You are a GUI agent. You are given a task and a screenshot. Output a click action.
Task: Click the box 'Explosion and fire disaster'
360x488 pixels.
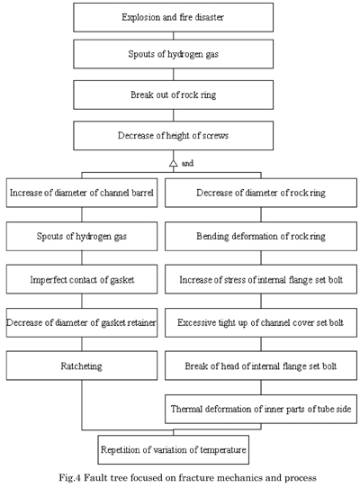coord(174,17)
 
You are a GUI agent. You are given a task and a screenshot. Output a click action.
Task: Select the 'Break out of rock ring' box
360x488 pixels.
coord(174,95)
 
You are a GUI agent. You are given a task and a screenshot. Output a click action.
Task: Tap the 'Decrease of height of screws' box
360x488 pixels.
coord(174,136)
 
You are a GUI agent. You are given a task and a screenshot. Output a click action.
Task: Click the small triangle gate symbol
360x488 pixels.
coord(174,163)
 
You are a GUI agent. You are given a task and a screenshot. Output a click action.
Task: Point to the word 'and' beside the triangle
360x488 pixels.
coord(187,163)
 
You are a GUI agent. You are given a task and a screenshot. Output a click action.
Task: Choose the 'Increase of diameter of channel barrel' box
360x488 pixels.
coord(82,193)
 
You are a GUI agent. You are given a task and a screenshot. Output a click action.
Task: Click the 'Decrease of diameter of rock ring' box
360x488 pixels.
coord(261,193)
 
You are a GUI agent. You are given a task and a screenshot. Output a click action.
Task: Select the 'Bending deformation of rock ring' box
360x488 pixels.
coord(261,236)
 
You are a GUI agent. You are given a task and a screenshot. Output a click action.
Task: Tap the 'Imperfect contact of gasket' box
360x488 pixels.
coord(82,279)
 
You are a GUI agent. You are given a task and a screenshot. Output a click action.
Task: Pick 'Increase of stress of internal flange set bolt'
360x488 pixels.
coord(261,279)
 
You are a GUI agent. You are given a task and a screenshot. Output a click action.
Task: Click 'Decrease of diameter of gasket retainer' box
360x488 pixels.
coord(82,322)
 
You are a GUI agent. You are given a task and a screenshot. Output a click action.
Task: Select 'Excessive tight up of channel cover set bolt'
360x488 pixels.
coord(261,322)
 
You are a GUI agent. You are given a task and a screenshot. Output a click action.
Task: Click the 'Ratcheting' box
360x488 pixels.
coord(82,366)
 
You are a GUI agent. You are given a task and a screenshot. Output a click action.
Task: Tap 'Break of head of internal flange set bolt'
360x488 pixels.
coord(261,366)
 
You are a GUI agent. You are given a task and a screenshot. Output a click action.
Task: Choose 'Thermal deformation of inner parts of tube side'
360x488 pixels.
coord(261,409)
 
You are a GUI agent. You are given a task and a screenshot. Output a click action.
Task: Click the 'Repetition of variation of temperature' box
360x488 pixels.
coord(174,449)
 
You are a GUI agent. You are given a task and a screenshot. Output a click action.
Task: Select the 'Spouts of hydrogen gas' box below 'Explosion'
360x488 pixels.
coord(174,54)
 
